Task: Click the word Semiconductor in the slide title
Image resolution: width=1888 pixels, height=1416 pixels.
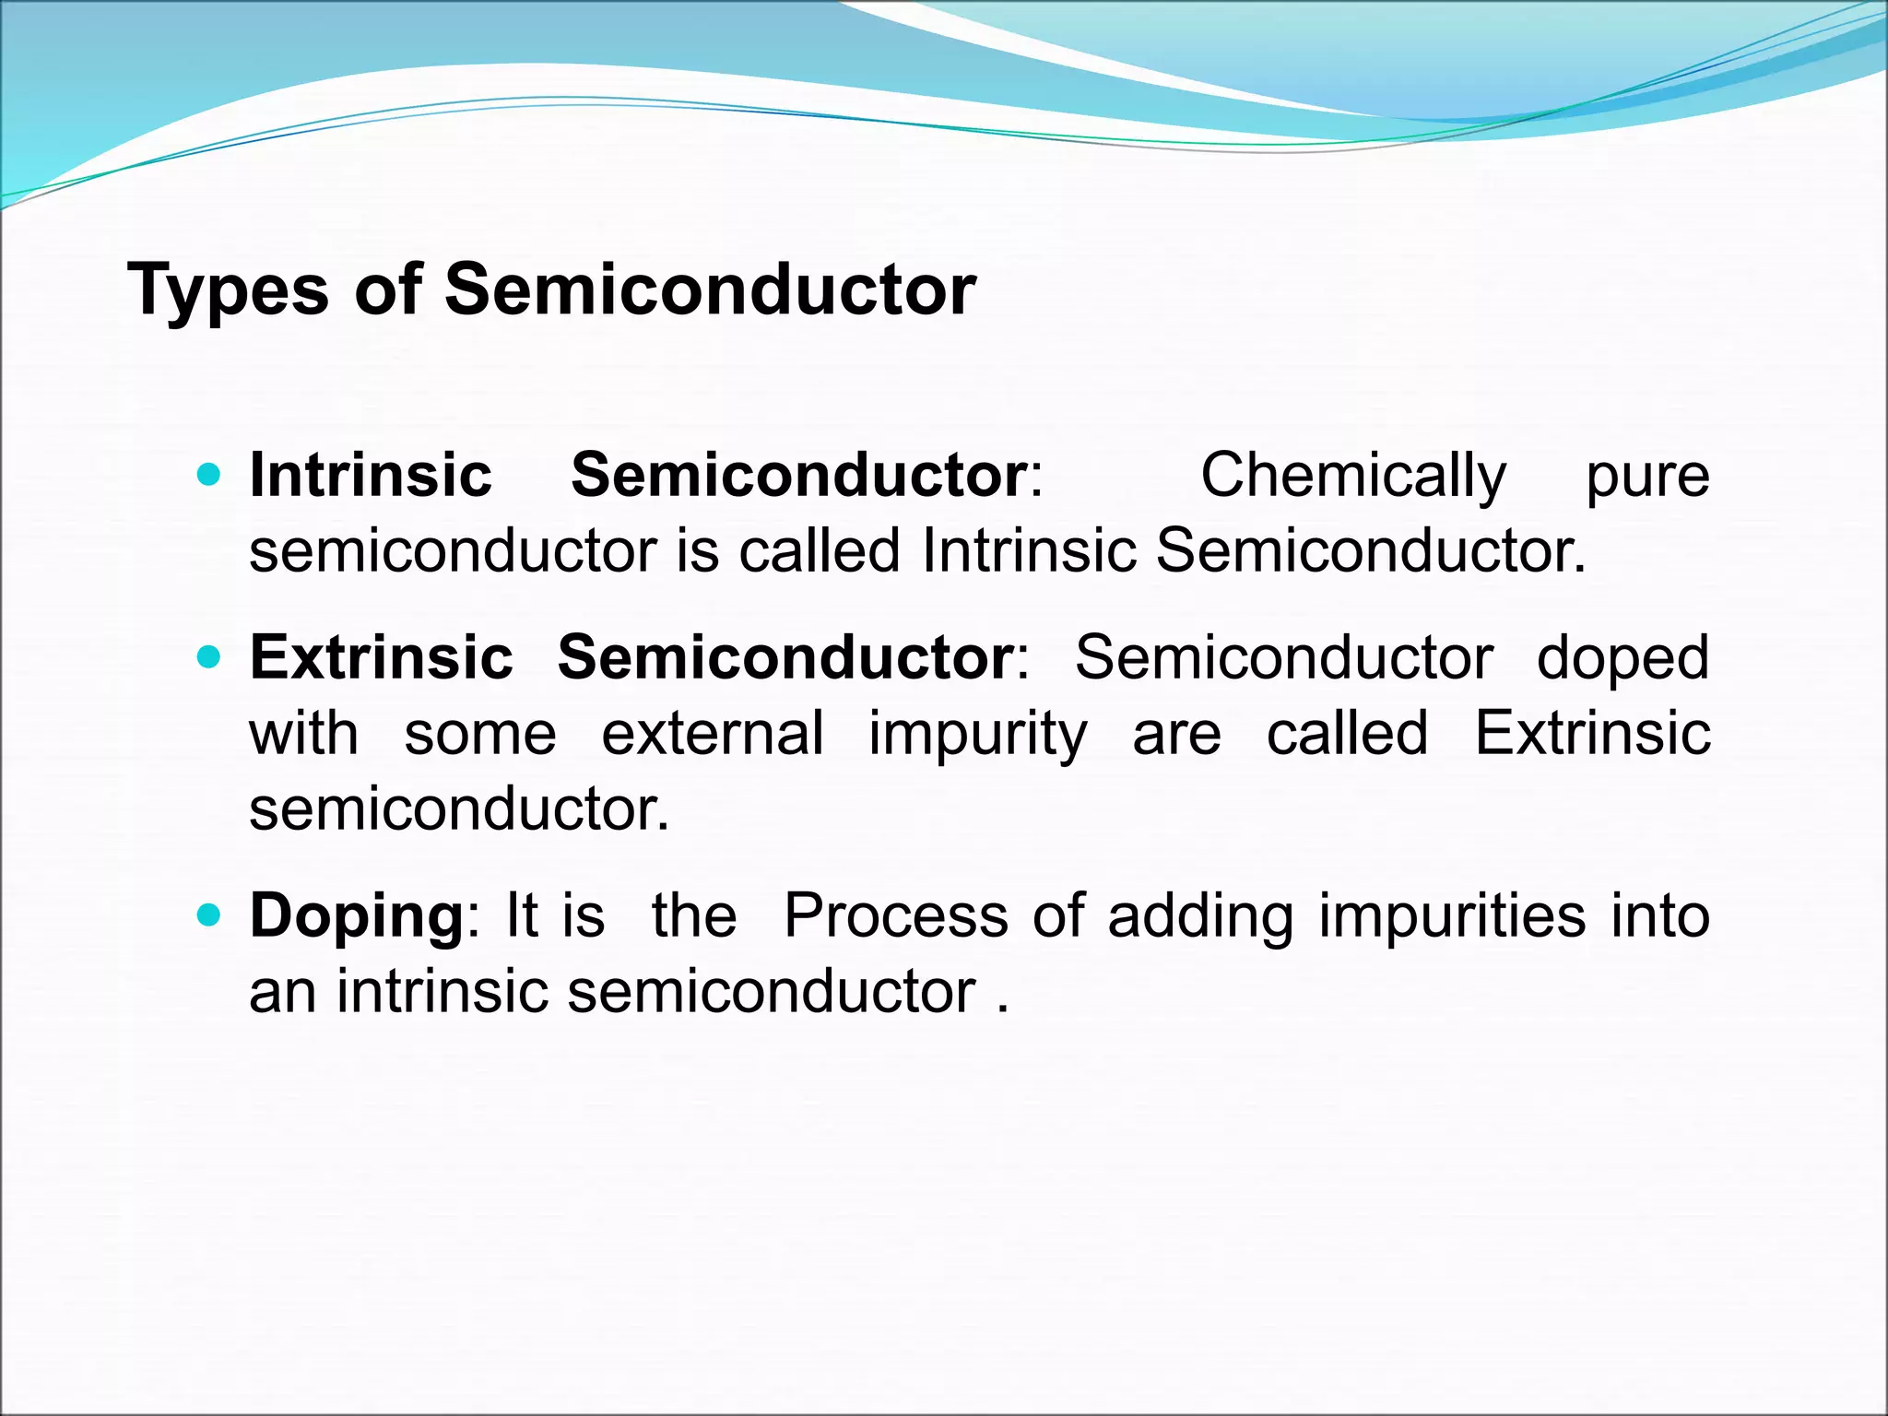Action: click(x=710, y=289)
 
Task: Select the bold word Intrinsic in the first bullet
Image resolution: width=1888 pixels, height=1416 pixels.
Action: click(x=371, y=475)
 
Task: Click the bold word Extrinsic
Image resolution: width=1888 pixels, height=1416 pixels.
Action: click(x=381, y=657)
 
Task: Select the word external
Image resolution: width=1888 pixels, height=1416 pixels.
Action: click(x=713, y=734)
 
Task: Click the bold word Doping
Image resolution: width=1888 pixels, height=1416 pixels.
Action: click(x=357, y=917)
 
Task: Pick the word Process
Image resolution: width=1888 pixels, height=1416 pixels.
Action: click(x=895, y=915)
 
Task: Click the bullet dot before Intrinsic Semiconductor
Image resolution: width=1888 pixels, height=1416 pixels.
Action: click(x=210, y=476)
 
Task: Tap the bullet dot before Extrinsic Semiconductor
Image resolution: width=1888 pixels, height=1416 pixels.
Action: click(x=210, y=658)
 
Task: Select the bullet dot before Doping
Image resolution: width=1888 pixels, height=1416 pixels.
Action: click(x=210, y=915)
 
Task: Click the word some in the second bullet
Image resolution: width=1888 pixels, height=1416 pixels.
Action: click(x=480, y=735)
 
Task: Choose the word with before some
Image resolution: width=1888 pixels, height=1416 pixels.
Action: click(x=303, y=734)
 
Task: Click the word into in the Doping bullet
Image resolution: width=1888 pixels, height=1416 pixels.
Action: click(x=1660, y=915)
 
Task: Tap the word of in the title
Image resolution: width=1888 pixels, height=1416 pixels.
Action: click(x=387, y=289)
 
